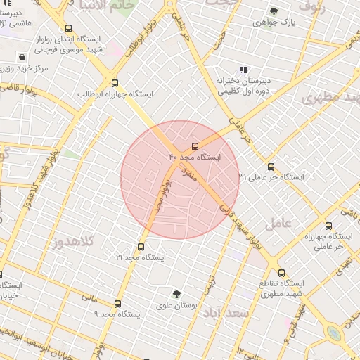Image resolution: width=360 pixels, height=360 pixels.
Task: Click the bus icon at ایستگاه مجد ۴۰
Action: pyautogui.click(x=195, y=147)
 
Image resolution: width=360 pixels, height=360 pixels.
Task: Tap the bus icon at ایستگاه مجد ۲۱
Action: pyautogui.click(x=141, y=247)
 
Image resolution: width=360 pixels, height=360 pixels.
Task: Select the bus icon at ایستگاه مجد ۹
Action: pyautogui.click(x=117, y=304)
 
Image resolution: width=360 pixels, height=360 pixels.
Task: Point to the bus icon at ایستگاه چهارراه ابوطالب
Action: pyautogui.click(x=114, y=82)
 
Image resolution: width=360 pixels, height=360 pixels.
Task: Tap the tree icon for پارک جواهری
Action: pyautogui.click(x=274, y=12)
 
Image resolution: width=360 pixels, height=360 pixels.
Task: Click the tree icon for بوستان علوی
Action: pyautogui.click(x=176, y=294)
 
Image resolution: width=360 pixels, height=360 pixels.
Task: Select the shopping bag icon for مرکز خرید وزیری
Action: pyautogui.click(x=23, y=57)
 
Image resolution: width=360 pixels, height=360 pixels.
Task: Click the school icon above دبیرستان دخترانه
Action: pyautogui.click(x=243, y=70)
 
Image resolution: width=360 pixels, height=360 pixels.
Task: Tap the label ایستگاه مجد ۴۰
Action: pyautogui.click(x=195, y=158)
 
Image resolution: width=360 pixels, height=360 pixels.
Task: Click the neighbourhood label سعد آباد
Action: pyautogui.click(x=240, y=313)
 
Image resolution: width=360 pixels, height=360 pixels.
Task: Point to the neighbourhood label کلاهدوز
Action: pyautogui.click(x=74, y=242)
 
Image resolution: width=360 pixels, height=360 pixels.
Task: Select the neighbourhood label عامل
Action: pyautogui.click(x=278, y=223)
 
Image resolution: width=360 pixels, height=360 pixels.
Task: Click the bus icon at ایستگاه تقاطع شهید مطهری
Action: pyautogui.click(x=282, y=273)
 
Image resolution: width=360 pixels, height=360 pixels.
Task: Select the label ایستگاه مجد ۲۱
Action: pyautogui.click(x=141, y=258)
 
